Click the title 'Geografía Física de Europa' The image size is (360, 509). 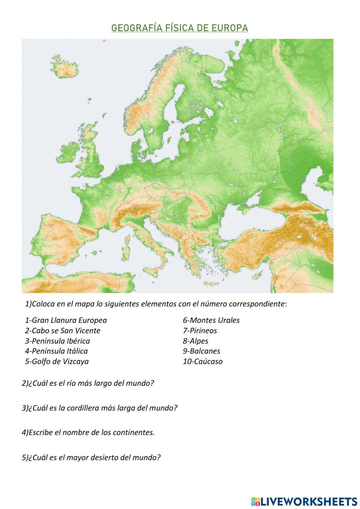180,28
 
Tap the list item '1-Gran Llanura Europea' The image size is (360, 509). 66,320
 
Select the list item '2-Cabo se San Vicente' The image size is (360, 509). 63,331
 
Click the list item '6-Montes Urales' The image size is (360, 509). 211,320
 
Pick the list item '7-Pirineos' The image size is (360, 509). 200,331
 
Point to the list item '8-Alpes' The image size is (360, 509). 195,341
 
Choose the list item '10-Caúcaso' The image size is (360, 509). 203,361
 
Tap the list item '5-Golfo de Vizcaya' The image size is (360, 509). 57,361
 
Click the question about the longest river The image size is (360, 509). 88,383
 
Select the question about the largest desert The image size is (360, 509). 91,457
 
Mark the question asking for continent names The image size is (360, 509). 88,433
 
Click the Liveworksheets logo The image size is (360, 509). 304,501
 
